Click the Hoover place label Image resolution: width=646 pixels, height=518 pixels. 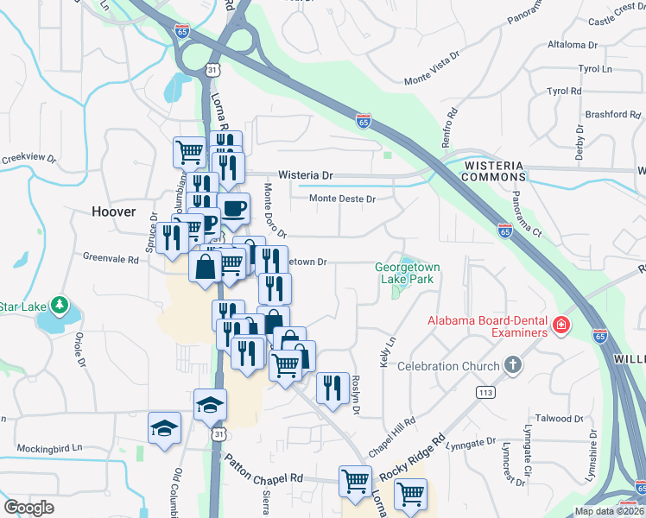click(x=114, y=212)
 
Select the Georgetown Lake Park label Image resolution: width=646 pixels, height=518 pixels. click(x=407, y=273)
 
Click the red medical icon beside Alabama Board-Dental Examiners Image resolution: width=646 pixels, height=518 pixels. click(x=561, y=325)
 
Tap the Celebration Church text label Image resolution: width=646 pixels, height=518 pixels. click(x=448, y=367)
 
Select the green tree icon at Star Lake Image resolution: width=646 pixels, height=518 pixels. click(x=59, y=305)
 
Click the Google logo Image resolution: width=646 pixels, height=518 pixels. click(x=29, y=508)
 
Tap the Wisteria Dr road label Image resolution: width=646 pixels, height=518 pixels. click(x=303, y=174)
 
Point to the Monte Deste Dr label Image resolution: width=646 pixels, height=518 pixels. click(x=344, y=199)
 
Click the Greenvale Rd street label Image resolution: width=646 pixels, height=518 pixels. click(x=111, y=258)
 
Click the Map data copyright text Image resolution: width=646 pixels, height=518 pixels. click(x=609, y=511)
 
